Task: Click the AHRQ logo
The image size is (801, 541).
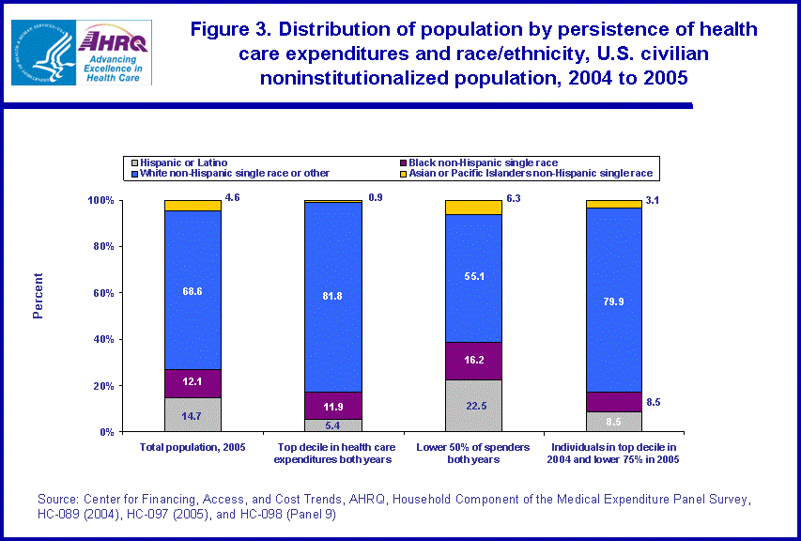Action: coord(115,52)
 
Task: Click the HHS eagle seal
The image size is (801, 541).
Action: coord(43,52)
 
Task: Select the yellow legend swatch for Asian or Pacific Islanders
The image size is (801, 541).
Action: coord(399,174)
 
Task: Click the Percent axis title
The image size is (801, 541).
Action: coord(39,296)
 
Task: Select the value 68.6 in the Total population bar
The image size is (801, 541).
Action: coord(193,291)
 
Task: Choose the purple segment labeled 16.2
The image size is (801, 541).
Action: coord(474,361)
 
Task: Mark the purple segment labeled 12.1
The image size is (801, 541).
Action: coord(193,383)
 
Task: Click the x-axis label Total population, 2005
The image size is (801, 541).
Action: coord(193,447)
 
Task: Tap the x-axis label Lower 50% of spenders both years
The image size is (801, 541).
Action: coord(474,454)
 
